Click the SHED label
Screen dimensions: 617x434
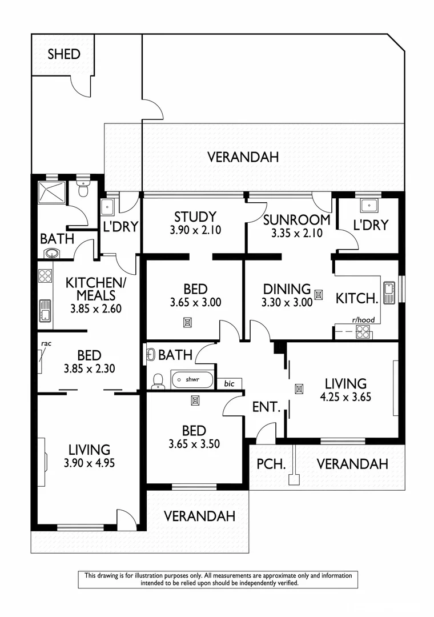pos(63,54)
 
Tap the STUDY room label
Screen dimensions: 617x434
pos(195,217)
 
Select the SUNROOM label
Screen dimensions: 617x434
pos(296,220)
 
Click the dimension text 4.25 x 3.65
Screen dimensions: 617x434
pos(345,396)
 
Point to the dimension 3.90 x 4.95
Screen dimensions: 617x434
pos(90,463)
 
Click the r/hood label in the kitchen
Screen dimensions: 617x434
pos(363,320)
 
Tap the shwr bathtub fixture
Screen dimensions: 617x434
pos(192,379)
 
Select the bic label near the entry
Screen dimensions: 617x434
pos(229,383)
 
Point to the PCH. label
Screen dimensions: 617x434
pos(271,464)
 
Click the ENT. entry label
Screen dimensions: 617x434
pos(266,407)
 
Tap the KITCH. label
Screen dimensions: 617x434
pos(356,298)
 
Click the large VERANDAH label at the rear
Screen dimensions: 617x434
pos(243,157)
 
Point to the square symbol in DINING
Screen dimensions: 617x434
pos(319,295)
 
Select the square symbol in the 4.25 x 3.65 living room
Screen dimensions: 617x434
pos(299,389)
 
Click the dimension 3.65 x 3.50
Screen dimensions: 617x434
pos(194,443)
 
